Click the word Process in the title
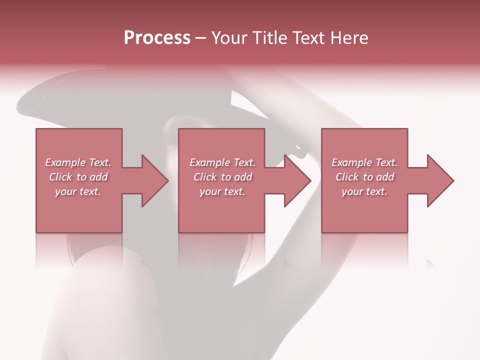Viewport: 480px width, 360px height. pos(157,38)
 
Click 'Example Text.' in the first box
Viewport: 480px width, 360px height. pos(78,162)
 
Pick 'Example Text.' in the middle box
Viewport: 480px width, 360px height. pos(222,162)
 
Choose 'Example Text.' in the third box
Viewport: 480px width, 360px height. pos(364,162)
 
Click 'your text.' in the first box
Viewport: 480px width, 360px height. pos(78,191)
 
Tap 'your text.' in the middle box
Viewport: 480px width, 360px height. pos(222,191)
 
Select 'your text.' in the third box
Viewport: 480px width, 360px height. pos(364,191)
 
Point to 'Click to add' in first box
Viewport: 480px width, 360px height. pos(78,177)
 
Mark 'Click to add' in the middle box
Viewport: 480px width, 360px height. pos(222,177)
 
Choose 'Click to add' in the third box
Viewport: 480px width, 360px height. pos(364,177)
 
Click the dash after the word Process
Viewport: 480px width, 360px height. pos(201,38)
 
